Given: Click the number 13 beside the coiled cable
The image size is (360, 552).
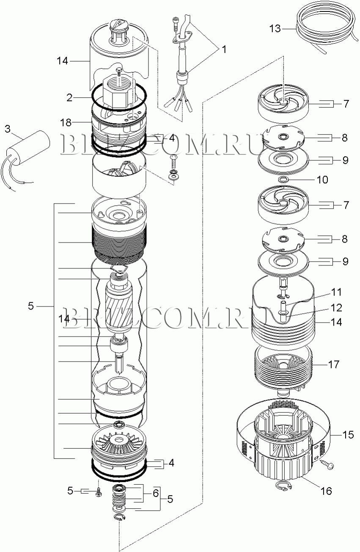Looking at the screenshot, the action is (275, 29).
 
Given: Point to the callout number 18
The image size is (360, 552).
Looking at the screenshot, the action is (66, 122).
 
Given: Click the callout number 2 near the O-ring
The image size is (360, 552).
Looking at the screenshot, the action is (69, 98).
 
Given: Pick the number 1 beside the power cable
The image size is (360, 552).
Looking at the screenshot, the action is (224, 49).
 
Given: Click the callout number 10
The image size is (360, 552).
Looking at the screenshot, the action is (322, 179).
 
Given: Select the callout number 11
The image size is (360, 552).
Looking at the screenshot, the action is (337, 292).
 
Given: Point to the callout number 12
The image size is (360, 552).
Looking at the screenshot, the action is (337, 308).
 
